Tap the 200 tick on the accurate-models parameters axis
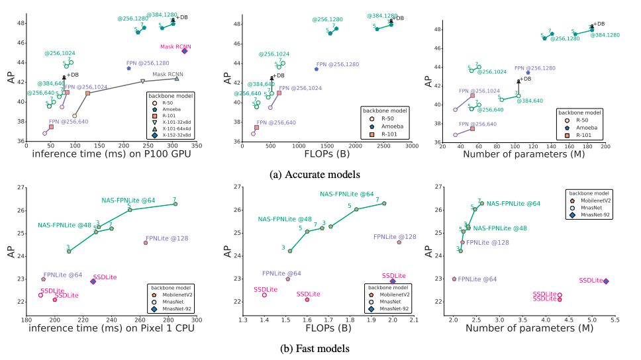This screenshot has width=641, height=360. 605,146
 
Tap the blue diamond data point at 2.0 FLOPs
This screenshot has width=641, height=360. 393,281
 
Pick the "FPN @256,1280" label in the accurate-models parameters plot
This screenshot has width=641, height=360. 534,69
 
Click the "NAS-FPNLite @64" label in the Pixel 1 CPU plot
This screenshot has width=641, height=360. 128,200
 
